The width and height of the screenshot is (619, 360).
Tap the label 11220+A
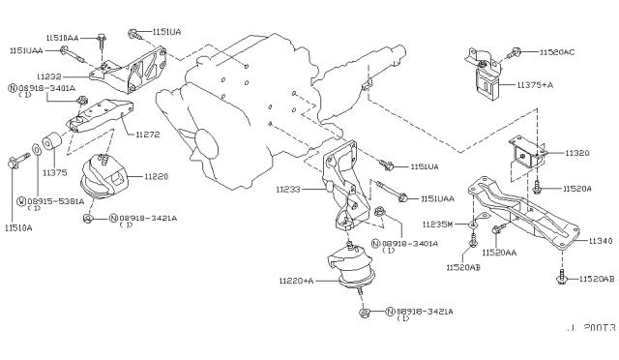(296, 279)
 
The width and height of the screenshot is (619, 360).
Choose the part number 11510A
(17, 227)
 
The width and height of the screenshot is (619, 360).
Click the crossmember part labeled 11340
(522, 209)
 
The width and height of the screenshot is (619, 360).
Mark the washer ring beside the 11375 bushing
(36, 149)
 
